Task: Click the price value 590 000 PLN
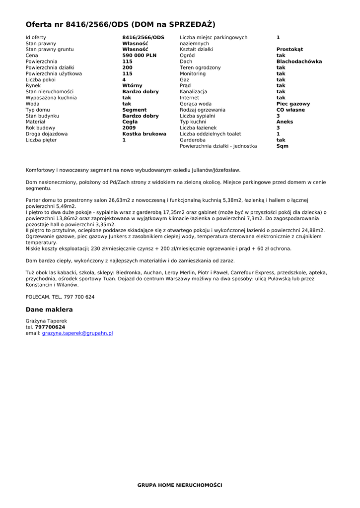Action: (139, 56)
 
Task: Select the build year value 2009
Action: (129, 128)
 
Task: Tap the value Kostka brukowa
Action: (144, 134)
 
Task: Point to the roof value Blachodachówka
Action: (299, 62)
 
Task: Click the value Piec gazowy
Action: (293, 104)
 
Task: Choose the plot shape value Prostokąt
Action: (289, 50)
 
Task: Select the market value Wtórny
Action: (132, 86)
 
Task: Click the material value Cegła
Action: (130, 122)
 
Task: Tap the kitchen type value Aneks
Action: (285, 122)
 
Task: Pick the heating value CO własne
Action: (290, 110)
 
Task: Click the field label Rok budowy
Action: (40, 128)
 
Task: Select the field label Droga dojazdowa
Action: (47, 134)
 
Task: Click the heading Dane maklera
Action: (49, 310)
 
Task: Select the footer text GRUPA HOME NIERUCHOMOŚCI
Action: (180, 485)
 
